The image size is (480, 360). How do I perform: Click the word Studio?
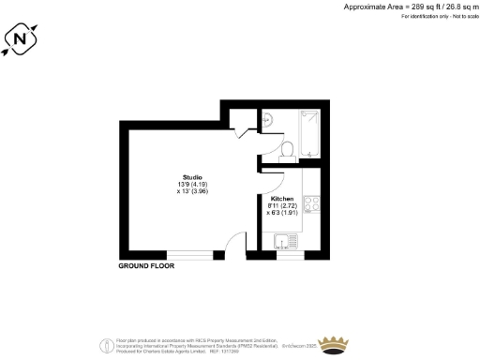[193, 177]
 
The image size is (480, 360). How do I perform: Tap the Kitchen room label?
[282, 200]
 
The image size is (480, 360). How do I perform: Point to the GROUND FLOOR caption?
[146, 266]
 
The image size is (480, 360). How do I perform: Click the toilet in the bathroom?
[287, 148]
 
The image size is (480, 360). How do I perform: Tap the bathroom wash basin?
[268, 119]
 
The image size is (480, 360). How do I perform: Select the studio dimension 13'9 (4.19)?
[193, 185]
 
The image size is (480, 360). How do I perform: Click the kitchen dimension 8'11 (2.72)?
[282, 206]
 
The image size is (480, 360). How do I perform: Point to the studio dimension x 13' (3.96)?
[193, 192]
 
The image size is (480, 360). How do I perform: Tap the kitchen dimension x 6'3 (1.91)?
[282, 213]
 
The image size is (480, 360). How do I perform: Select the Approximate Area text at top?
[404, 7]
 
